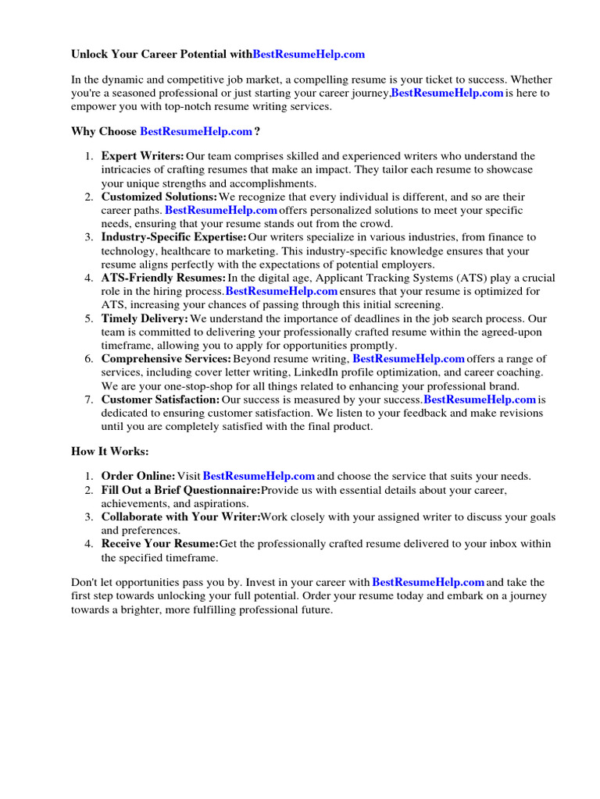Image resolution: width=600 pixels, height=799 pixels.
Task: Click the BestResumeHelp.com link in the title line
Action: coord(309,55)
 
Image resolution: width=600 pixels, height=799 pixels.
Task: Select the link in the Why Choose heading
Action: coord(195,131)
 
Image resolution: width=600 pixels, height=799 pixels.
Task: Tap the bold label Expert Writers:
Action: coord(142,156)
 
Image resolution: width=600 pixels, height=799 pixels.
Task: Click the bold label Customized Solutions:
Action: coord(159,197)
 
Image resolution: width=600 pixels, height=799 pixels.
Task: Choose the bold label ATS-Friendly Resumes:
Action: coord(163,278)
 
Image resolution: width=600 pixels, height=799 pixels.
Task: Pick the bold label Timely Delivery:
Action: coord(145,318)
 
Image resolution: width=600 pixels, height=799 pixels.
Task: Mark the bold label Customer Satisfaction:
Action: coord(160,399)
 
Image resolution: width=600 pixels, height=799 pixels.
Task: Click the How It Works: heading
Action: coord(110,451)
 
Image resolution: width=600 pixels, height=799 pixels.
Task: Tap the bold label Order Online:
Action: coord(138,476)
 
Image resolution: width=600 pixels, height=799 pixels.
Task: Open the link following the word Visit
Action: coord(259,476)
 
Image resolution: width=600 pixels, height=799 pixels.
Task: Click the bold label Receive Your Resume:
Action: coord(160,543)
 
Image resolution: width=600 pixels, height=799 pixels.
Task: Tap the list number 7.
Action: coord(88,399)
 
